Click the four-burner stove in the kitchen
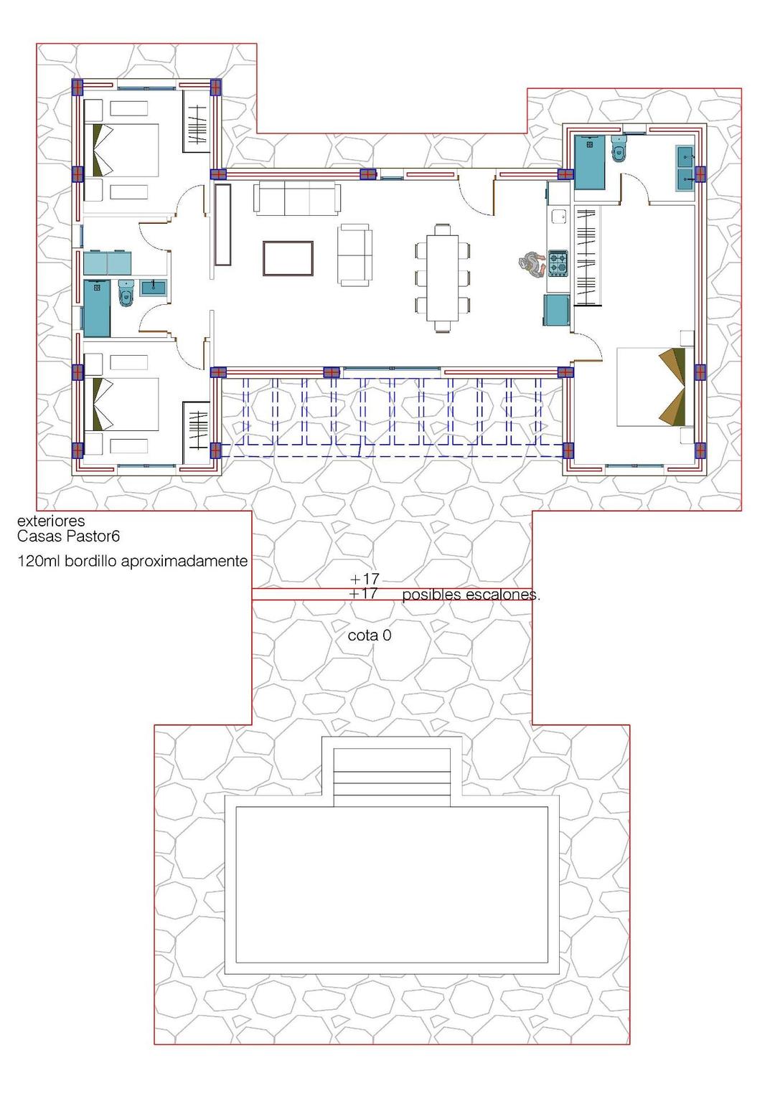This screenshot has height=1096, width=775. coord(558,263)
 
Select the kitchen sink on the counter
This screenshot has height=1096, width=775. coord(557,217)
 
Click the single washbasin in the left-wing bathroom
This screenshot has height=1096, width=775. coord(154,288)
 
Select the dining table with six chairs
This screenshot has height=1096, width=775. coord(442,278)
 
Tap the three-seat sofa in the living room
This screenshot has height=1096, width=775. coord(296,197)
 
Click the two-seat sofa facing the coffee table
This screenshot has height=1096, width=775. coord(356,255)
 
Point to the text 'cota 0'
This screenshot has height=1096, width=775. coord(369,636)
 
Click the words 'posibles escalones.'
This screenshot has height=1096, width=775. coord(471,595)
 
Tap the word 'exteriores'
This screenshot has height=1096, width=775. coord(50,521)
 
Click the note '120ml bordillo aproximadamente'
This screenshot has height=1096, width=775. coord(132,561)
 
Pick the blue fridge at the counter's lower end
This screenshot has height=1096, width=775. coord(558,310)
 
